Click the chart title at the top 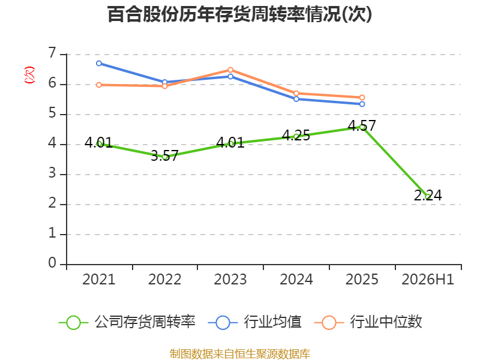239,14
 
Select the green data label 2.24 428,196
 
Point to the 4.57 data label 362,125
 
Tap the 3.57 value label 164,155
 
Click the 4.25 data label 296,136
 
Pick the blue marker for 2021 99,64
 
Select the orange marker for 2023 230,70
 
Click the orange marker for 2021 99,85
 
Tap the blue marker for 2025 362,104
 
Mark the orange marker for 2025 362,98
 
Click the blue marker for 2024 296,99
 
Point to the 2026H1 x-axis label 428,280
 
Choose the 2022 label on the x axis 164,280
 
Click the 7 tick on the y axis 52,53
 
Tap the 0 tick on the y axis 52,263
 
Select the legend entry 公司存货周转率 127,322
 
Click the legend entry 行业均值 254,322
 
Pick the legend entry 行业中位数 368,322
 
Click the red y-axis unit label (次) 29,75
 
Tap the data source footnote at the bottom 239,354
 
